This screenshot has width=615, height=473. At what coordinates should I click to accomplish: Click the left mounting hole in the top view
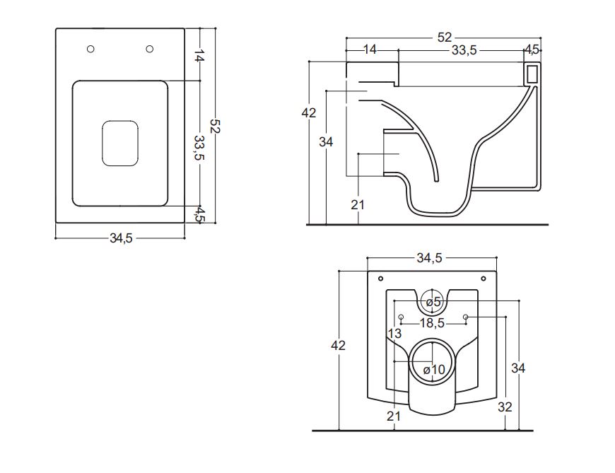point(90,49)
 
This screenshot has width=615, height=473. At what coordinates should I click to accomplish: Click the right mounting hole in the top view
point(150,49)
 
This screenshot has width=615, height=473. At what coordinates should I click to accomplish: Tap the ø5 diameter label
point(433,303)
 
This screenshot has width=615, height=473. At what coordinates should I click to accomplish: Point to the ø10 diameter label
point(433,370)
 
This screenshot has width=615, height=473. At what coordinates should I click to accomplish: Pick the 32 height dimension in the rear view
point(505,407)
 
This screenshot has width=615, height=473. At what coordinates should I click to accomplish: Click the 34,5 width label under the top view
point(121,238)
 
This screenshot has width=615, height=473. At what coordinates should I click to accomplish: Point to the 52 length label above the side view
point(444,37)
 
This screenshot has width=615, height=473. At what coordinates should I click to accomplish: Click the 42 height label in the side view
point(309,112)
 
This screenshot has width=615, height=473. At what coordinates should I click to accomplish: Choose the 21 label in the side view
point(358,204)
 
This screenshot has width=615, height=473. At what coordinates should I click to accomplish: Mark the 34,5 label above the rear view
point(429,259)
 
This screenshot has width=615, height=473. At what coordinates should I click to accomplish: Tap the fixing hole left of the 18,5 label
point(400,317)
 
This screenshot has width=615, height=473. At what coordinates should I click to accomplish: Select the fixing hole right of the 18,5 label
point(466,317)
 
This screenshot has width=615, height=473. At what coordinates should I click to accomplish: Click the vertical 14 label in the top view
point(199,54)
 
